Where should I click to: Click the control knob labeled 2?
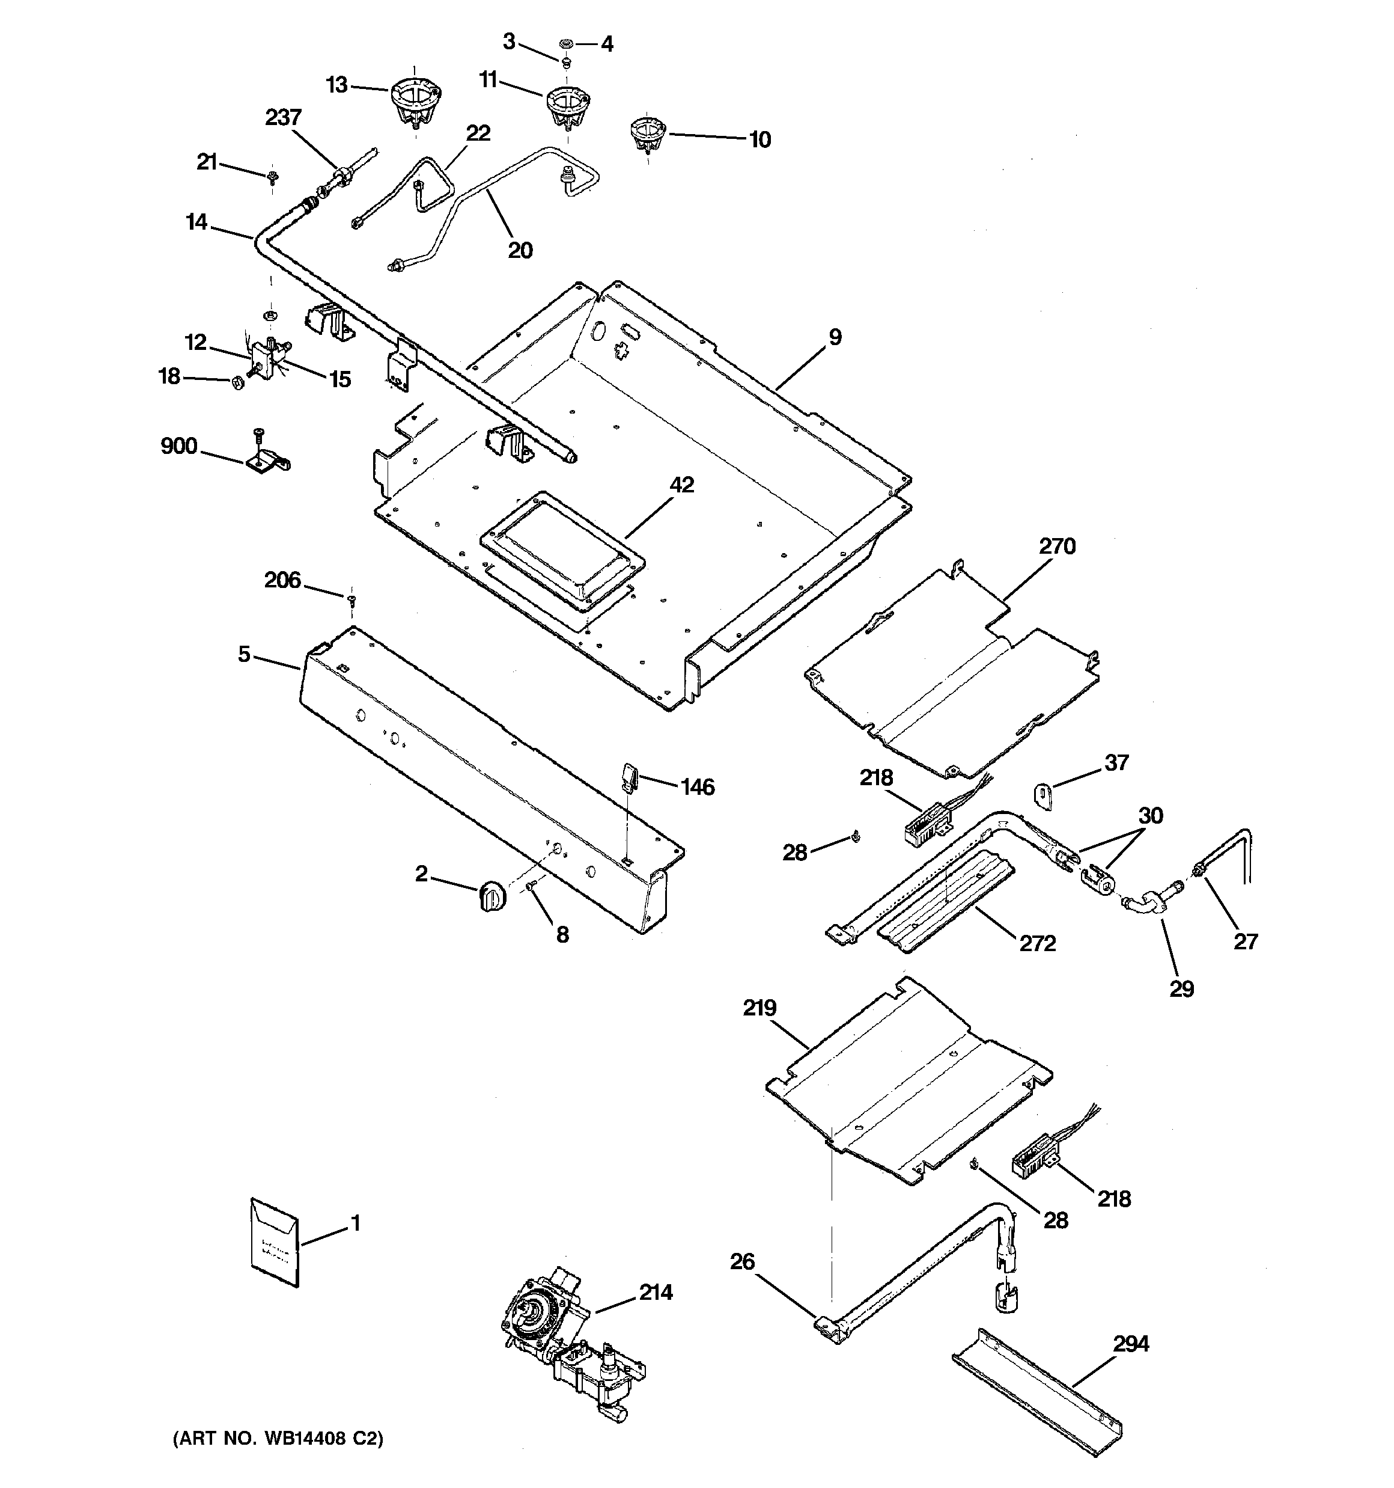point(490,895)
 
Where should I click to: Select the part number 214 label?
point(656,1292)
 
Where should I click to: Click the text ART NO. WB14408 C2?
point(278,1460)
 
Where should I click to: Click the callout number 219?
point(759,1008)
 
